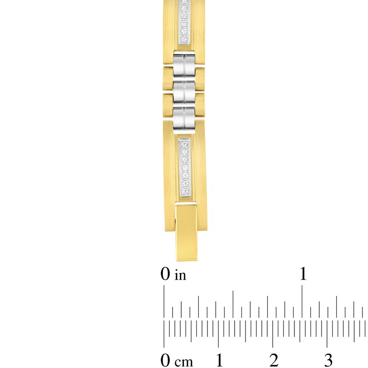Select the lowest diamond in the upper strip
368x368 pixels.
click(x=184, y=40)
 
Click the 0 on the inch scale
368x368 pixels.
click(x=166, y=275)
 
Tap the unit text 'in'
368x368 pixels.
click(x=180, y=276)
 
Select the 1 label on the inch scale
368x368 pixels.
click(x=303, y=275)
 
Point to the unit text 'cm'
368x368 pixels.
click(x=181, y=360)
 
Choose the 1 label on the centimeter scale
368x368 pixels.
click(x=219, y=359)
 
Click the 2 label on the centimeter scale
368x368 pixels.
click(x=274, y=359)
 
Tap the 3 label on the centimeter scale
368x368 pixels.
click(x=328, y=359)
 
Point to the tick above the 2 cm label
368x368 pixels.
click(x=273, y=336)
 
